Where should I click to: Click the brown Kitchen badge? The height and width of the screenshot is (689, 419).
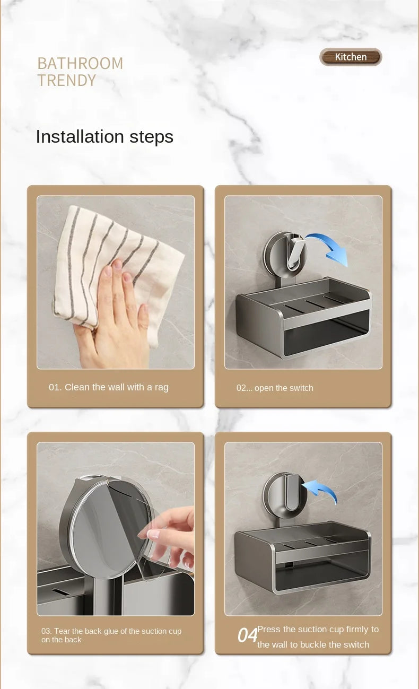351,57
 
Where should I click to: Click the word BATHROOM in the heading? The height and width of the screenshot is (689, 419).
80,64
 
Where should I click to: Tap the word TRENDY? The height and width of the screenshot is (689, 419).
66,80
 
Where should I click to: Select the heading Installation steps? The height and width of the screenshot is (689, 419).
104,136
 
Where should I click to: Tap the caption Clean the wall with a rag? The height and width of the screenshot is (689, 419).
117,387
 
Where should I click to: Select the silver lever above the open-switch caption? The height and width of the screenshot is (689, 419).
295,251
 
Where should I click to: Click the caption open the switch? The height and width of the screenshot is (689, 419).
284,388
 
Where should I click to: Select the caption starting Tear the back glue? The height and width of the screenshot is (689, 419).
111,635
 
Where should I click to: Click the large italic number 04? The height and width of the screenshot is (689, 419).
247,635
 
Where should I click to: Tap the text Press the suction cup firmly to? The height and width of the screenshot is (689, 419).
318,629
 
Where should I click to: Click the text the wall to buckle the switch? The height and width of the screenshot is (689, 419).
313,644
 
